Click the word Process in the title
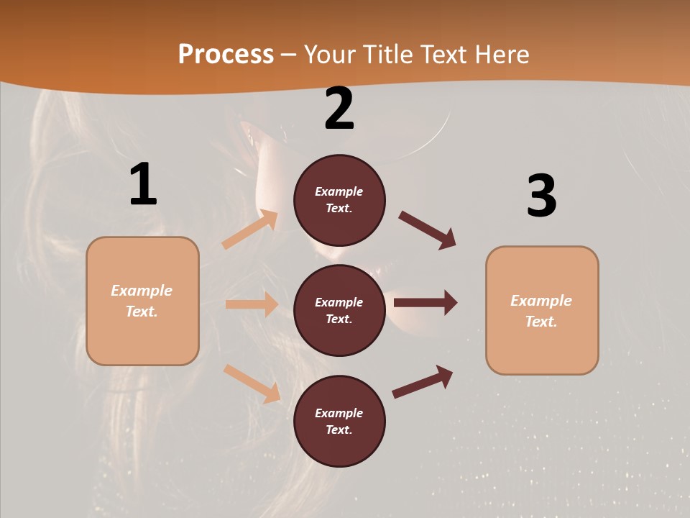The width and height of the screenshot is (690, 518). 226,55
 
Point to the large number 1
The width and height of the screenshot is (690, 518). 143,185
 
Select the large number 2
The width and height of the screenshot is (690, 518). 339,109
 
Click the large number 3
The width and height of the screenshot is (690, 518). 541,196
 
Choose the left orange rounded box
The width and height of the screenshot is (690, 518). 142,301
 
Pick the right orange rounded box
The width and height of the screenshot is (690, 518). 542,310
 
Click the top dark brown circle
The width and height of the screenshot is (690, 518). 339,200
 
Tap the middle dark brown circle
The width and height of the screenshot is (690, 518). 339,310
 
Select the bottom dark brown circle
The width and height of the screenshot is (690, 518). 339,421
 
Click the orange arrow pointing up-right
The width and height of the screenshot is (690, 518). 250,230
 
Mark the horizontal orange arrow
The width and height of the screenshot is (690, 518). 252,304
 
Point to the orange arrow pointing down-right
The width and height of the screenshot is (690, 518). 252,383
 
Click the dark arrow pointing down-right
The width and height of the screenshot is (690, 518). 428,230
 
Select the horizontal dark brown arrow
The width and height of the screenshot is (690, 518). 425,302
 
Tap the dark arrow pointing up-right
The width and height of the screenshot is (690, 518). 423,381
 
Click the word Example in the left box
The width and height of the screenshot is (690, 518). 142,291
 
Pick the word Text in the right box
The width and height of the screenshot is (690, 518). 540,322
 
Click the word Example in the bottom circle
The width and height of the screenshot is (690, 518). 339,413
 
